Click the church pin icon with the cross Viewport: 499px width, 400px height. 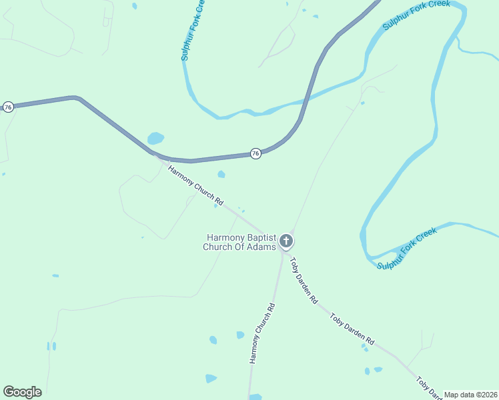[x=286, y=241]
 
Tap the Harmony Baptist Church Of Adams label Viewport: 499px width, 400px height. [x=239, y=242]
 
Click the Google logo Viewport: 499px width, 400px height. [x=22, y=392]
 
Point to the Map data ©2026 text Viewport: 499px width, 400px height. [x=470, y=395]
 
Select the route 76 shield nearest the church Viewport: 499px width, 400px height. [x=256, y=153]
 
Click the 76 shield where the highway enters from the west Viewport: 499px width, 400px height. [x=8, y=107]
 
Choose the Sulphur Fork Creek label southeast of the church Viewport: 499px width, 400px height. [x=407, y=248]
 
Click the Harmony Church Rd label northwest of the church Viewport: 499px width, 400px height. [x=195, y=185]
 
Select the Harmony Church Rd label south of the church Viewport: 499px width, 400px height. [x=262, y=333]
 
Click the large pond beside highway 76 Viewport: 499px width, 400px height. [x=155, y=139]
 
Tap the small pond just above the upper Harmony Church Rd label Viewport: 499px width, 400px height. [x=221, y=175]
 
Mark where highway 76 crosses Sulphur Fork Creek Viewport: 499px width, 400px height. [x=304, y=102]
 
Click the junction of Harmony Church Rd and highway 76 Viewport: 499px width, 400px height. [x=155, y=155]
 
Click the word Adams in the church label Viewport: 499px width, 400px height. [x=262, y=247]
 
